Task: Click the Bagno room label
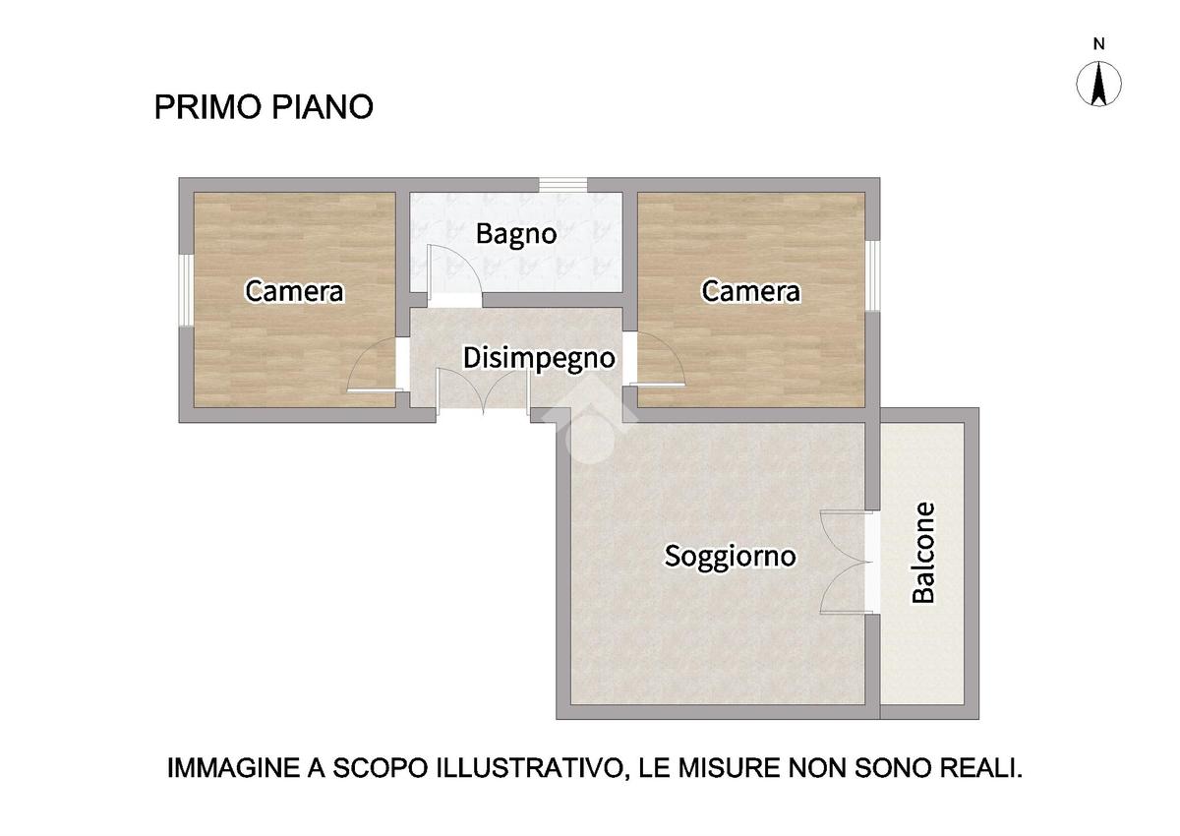point(515,235)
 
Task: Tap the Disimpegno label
point(539,358)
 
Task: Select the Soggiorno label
point(730,557)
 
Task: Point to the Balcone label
point(923,553)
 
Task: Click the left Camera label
point(294,291)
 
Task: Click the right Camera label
point(750,291)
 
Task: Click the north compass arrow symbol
point(1098,84)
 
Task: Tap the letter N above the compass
point(1098,44)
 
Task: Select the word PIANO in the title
point(323,107)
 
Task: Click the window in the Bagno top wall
point(562,185)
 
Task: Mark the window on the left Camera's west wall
point(186,291)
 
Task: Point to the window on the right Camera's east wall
point(873,276)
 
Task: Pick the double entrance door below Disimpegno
point(484,392)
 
